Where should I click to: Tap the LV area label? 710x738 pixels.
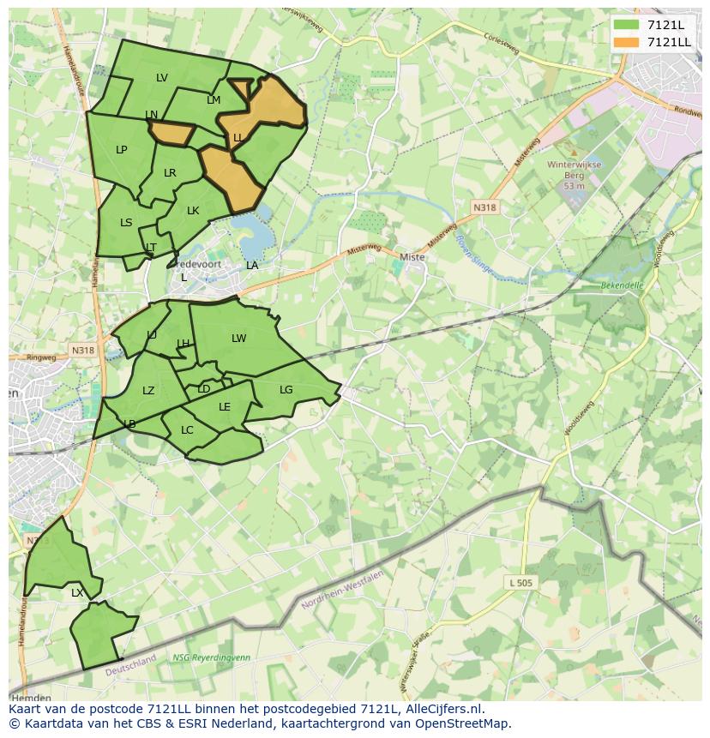pos(162,78)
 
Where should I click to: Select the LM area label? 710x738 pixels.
pos(214,100)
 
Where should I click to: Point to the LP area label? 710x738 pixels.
pos(122,150)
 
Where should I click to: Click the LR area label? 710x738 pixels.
pos(170,173)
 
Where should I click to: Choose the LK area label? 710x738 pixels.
pos(193,211)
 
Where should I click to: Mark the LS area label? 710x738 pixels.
pos(126,223)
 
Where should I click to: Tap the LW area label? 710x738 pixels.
pos(238,339)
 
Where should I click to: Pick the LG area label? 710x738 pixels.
pos(286,390)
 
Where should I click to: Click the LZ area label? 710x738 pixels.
pos(148,391)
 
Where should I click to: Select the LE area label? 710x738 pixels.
pos(225,407)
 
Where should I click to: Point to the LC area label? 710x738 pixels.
pos(187,430)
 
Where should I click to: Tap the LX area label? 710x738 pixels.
pos(77,592)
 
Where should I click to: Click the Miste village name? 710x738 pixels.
pos(412,257)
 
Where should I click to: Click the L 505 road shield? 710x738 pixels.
pos(520,583)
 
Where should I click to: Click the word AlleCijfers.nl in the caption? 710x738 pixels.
pos(442,709)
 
